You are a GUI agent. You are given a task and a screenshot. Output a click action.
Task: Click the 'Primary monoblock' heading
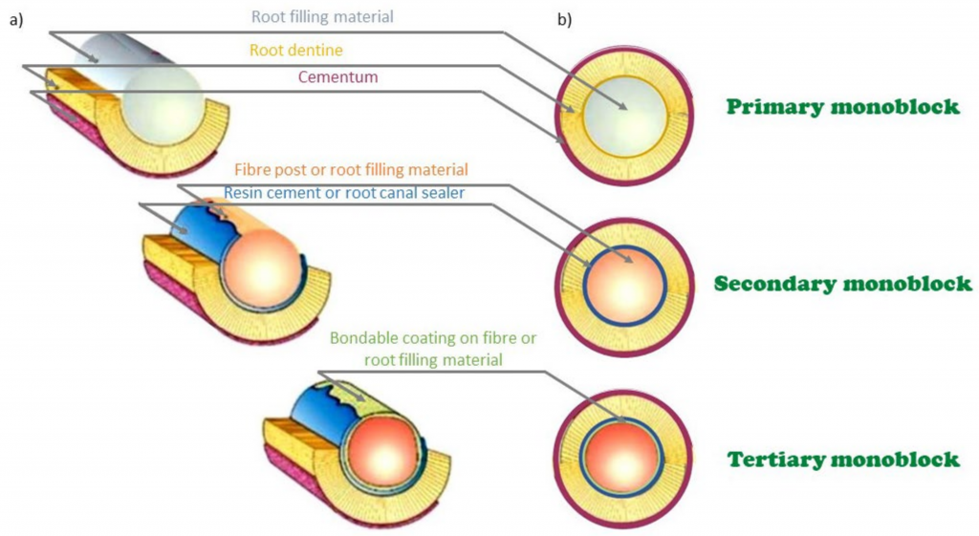coord(842,107)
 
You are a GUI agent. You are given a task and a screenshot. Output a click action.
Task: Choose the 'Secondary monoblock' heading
coord(842,284)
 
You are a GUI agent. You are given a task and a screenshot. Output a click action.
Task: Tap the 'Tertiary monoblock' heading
coord(842,460)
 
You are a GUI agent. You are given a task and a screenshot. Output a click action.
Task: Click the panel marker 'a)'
coord(15,21)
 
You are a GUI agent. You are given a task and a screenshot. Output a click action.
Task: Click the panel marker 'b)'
coord(564,21)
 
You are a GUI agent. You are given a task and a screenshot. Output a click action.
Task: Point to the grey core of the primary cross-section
coord(624,115)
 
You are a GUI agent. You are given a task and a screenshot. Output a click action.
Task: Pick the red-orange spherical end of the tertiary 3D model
coord(381,444)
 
